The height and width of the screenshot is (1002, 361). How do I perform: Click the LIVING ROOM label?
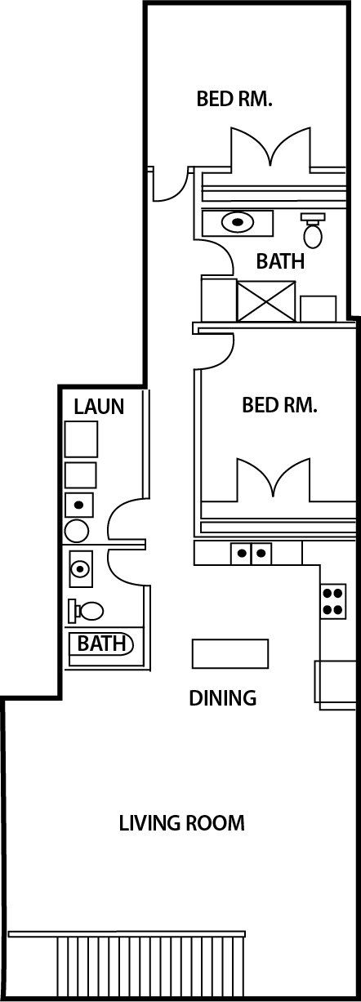tap(181, 822)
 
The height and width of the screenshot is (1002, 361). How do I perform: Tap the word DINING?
tap(223, 698)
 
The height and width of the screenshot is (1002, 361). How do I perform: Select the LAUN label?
tap(99, 406)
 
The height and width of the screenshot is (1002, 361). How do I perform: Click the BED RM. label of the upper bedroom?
tap(234, 100)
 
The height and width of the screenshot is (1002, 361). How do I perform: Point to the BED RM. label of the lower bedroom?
tap(279, 405)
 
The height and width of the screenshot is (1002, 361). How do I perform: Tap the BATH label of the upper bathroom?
tap(280, 262)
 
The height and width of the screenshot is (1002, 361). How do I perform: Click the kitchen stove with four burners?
tap(332, 601)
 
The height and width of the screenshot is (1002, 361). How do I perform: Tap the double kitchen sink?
tap(252, 553)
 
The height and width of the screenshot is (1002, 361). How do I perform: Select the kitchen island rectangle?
tap(230, 653)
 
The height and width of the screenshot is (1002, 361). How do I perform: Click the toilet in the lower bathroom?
tap(87, 609)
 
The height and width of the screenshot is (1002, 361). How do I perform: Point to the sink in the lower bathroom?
tap(80, 567)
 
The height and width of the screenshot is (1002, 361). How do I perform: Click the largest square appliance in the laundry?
tap(81, 439)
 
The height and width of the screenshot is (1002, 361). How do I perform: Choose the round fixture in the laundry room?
tap(77, 531)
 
